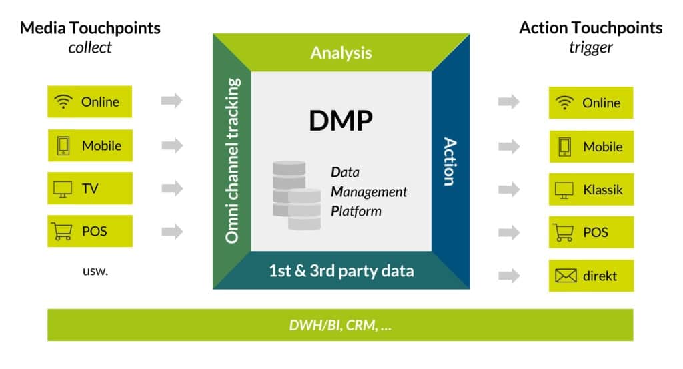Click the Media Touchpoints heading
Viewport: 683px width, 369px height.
pos(90,28)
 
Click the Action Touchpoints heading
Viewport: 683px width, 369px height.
pos(590,28)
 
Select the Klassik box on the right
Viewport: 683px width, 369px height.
pos(590,190)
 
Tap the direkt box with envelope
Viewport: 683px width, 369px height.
pos(590,276)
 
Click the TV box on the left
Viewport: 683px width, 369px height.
pos(90,189)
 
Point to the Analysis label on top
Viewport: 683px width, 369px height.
pos(341,53)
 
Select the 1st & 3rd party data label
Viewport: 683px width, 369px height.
pos(341,270)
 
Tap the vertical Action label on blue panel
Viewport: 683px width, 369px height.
pos(450,161)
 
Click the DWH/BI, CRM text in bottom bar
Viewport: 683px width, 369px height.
pos(341,325)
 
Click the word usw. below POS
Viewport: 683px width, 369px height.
pos(90,271)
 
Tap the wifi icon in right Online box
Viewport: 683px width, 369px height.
pos(565,103)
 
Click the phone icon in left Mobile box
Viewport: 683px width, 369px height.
pos(63,145)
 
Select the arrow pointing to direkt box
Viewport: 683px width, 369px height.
pos(508,276)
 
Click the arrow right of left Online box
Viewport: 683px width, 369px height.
pos(172,101)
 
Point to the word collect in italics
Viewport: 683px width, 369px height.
pos(90,47)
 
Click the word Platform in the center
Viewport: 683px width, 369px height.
pos(356,211)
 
